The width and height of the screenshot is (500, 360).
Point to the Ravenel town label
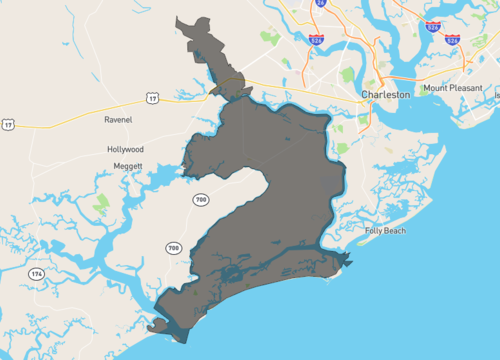click(118, 120)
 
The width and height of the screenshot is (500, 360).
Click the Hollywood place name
click(125, 149)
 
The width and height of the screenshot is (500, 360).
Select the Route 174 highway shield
click(37, 273)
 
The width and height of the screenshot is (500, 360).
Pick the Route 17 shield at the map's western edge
click(8, 124)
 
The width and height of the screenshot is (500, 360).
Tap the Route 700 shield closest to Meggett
click(201, 200)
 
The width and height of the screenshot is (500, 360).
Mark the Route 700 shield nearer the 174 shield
click(173, 247)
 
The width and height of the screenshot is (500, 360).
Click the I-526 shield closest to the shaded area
click(316, 40)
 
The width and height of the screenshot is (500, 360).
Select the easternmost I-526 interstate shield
click(453, 40)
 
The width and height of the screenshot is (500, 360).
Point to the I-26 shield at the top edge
click(320, 4)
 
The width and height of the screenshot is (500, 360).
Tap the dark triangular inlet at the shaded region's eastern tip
click(343, 262)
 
